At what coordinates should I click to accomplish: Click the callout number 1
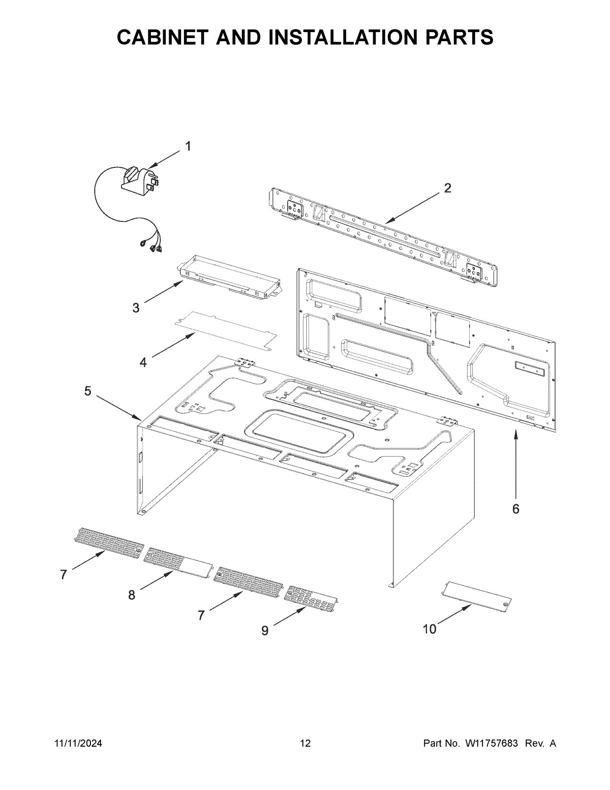(188, 147)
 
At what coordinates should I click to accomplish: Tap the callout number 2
(447, 188)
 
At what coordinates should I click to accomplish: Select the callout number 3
(136, 308)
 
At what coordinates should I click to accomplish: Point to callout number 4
(143, 362)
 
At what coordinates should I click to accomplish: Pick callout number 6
(515, 509)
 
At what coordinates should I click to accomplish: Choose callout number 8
(132, 595)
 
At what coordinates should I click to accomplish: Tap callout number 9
(265, 631)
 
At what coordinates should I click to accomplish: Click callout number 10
(430, 629)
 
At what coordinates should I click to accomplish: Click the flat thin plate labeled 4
(224, 331)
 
